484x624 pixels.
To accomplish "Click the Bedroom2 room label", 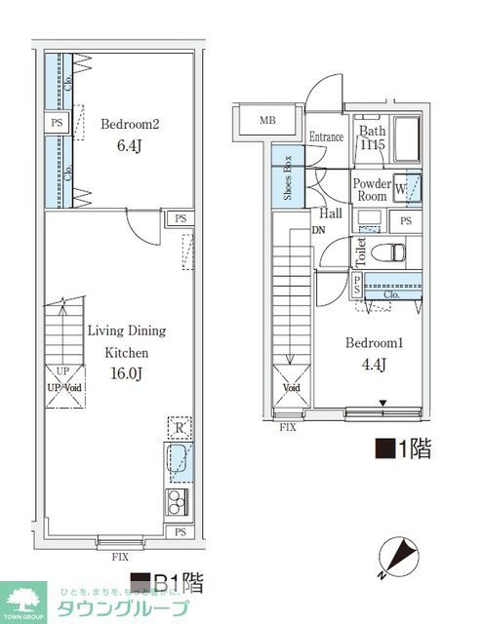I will tap(129, 124).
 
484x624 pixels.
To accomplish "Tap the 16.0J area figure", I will tap(128, 373).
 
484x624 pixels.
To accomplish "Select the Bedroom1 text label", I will tap(375, 343).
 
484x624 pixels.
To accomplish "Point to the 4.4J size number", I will tap(375, 366).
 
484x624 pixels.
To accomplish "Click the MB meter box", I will tap(266, 121).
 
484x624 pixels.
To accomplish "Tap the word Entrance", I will tap(325, 137).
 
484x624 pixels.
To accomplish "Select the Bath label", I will tap(372, 132).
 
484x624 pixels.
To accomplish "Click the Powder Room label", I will tap(372, 189).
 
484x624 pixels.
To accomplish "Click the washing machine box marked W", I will tap(407, 188).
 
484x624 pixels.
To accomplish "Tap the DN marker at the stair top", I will tap(318, 231).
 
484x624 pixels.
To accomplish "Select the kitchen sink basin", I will tap(180, 461).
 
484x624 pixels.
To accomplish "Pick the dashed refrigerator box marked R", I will tap(180, 428).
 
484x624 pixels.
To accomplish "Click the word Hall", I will tap(328, 213).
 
